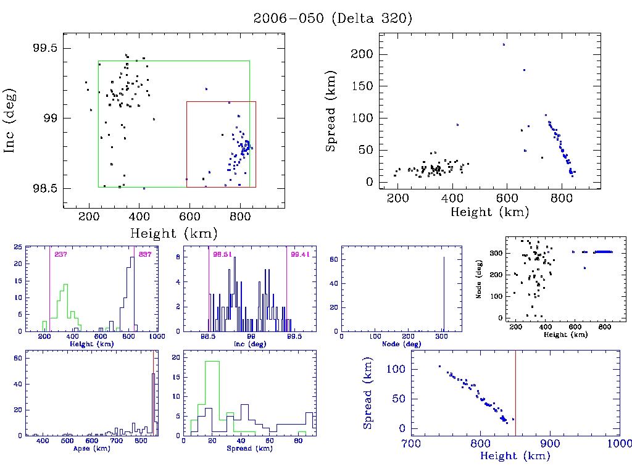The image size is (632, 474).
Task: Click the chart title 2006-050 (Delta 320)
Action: coord(333,19)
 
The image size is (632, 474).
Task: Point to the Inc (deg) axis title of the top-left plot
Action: coord(10,120)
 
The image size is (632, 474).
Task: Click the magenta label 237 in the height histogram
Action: coord(60,255)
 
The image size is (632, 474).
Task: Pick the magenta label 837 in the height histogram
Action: coord(145,255)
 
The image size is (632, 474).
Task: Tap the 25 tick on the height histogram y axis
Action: coord(19,247)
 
